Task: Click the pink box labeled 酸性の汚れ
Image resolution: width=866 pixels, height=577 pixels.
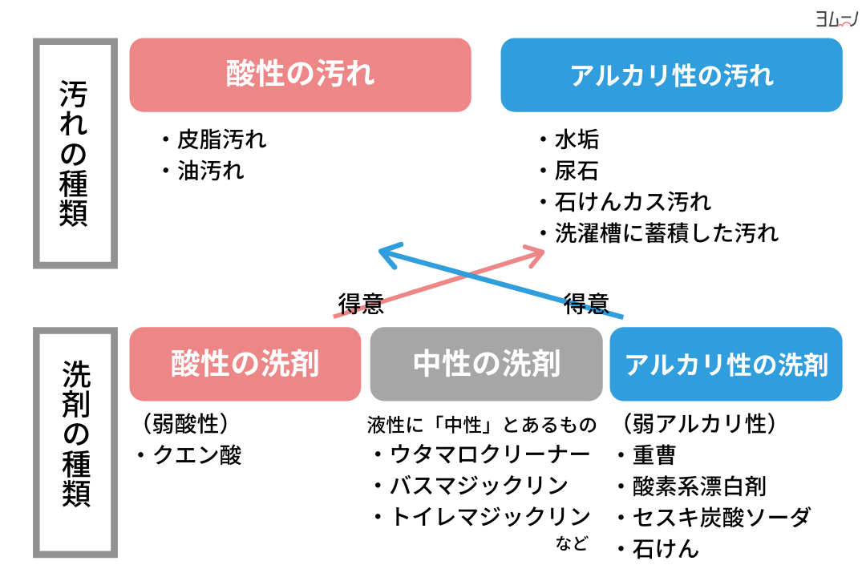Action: click(300, 75)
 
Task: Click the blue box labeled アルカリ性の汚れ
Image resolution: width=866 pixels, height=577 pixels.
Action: click(671, 75)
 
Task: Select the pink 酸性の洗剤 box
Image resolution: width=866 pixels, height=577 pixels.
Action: click(245, 364)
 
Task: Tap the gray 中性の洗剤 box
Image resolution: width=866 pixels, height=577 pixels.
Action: click(486, 364)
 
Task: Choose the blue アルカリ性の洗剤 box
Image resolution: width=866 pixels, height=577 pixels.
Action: click(726, 364)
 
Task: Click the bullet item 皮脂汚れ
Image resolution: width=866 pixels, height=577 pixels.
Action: click(221, 140)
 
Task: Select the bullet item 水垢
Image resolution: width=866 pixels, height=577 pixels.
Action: click(577, 140)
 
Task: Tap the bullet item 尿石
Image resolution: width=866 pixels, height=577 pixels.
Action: click(577, 171)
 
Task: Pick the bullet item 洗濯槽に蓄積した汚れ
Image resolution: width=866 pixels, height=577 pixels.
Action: click(666, 232)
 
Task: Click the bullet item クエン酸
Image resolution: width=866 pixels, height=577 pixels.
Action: click(197, 455)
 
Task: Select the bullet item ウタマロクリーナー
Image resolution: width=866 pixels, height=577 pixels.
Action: click(490, 454)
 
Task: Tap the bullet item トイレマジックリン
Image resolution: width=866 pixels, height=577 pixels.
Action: click(490, 516)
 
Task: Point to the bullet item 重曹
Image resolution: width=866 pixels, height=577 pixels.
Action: click(654, 455)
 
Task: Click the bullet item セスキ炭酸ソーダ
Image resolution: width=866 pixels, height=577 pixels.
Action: click(722, 517)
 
